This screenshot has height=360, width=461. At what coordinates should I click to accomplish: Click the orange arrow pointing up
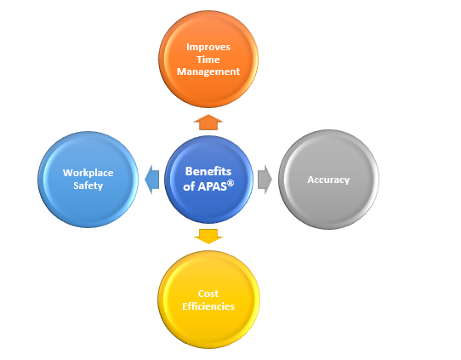click(208, 123)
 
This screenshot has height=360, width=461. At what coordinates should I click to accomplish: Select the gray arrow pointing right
click(265, 180)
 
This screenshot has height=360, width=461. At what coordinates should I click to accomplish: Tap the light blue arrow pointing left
click(152, 180)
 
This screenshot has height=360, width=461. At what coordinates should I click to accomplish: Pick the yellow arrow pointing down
click(208, 237)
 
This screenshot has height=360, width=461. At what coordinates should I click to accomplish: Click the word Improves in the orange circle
click(208, 47)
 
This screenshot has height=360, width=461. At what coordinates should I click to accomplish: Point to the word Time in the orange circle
click(208, 60)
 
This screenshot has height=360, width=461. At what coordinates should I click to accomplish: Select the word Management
click(208, 71)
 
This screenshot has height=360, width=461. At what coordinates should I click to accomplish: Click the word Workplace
click(88, 173)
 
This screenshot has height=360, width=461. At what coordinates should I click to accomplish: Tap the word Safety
click(88, 186)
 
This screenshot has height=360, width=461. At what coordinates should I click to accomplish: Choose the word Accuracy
click(328, 180)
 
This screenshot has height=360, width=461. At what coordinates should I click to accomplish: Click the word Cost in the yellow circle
click(208, 294)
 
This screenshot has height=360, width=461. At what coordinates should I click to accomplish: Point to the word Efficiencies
click(208, 306)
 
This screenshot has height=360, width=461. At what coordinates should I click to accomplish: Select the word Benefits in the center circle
click(208, 171)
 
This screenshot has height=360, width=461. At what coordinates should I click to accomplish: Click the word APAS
click(212, 186)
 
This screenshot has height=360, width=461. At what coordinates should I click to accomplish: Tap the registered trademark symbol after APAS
click(230, 183)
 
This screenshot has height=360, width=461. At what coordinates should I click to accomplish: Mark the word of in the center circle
click(189, 186)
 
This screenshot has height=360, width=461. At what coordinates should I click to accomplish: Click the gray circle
click(328, 180)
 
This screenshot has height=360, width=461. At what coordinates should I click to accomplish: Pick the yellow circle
click(208, 300)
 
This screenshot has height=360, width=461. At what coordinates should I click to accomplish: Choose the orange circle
click(208, 59)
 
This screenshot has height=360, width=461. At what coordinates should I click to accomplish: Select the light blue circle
click(88, 180)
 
